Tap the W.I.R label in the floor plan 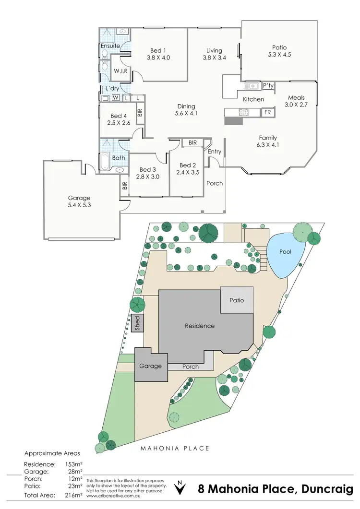[119, 71]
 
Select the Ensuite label [110, 46]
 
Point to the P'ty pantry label [268, 86]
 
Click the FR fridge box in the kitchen [267, 112]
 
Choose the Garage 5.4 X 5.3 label [79, 201]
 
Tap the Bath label [119, 158]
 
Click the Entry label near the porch [215, 152]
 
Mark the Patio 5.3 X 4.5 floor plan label [279, 51]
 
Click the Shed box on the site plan [137, 323]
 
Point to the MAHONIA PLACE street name [175, 449]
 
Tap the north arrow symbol [180, 488]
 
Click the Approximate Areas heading [52, 453]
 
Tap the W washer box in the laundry [116, 98]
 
